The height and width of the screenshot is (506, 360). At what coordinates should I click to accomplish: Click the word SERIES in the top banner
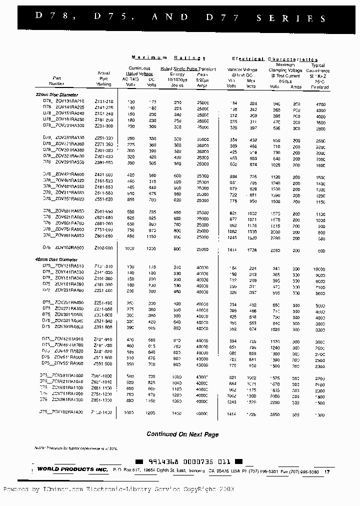click(x=291, y=18)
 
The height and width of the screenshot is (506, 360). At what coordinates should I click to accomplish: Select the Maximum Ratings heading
click(x=168, y=58)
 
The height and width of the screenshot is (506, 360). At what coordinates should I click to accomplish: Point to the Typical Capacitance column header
click(x=318, y=76)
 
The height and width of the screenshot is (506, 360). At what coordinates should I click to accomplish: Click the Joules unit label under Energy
click(x=177, y=85)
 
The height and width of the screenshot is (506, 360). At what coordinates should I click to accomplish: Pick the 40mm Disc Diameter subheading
click(x=56, y=259)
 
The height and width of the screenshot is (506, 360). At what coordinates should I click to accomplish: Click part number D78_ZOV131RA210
click(x=63, y=101)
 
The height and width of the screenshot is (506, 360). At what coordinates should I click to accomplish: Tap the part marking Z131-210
click(x=104, y=101)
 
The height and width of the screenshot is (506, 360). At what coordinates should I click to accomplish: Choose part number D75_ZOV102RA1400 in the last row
click(x=62, y=412)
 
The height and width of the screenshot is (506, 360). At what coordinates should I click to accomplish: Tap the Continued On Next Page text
click(x=182, y=434)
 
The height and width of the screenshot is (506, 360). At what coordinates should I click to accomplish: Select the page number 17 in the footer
click(x=327, y=471)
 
